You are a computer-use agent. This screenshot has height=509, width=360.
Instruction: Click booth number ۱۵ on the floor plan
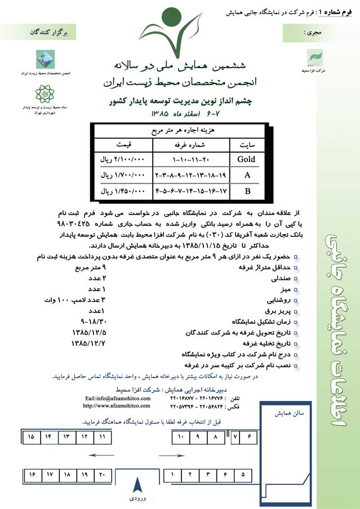pyautogui.click(x=31, y=436)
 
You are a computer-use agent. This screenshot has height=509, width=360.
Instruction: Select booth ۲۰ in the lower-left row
pyautogui.click(x=102, y=475)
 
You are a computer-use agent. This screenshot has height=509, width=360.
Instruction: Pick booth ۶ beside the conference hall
pyautogui.click(x=249, y=436)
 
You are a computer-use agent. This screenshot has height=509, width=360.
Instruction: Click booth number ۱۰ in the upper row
pyautogui.click(x=180, y=436)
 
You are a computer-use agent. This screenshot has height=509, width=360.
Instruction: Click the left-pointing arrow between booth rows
pyautogui.click(x=102, y=455)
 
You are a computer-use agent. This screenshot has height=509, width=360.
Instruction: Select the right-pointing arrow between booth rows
pyautogui.click(x=172, y=455)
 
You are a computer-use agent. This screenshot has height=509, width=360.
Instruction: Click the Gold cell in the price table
pyautogui.click(x=246, y=159)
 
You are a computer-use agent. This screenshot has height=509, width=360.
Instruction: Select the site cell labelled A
pyautogui.click(x=246, y=175)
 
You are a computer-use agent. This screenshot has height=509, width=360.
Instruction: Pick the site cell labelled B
pyautogui.click(x=246, y=191)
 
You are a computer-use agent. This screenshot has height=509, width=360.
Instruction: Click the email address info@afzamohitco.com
pyautogui.click(x=117, y=398)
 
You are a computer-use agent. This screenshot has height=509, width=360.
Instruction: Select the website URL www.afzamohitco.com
pyautogui.click(x=117, y=405)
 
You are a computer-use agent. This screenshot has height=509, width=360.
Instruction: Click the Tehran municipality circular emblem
pyautogui.click(x=45, y=93)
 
